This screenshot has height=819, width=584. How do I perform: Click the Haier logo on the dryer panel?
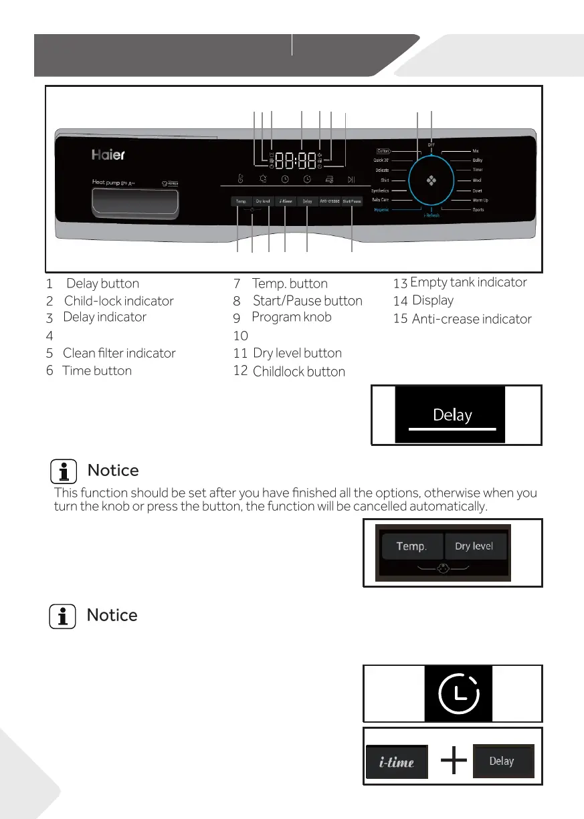coord(108,155)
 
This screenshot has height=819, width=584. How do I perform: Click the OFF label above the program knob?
coord(431,144)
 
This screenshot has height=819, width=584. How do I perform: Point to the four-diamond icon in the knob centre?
coord(431,180)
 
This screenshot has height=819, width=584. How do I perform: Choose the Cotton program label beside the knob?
coord(383,151)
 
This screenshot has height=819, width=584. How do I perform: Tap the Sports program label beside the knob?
coord(478,210)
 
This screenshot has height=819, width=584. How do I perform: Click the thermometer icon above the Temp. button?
coord(241,179)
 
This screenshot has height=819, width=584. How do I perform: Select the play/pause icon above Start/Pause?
coord(351,179)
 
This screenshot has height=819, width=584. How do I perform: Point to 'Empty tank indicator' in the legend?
coord(468,282)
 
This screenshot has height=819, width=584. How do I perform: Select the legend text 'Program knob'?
coord(291,317)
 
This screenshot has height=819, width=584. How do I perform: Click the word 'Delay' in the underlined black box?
coord(452,415)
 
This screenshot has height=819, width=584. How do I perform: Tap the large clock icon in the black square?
coord(458,693)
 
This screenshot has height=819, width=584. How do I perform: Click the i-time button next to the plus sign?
coord(397,762)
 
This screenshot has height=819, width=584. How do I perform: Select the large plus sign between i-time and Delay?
coord(454,761)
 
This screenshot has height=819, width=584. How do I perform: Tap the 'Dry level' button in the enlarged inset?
coord(474,546)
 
